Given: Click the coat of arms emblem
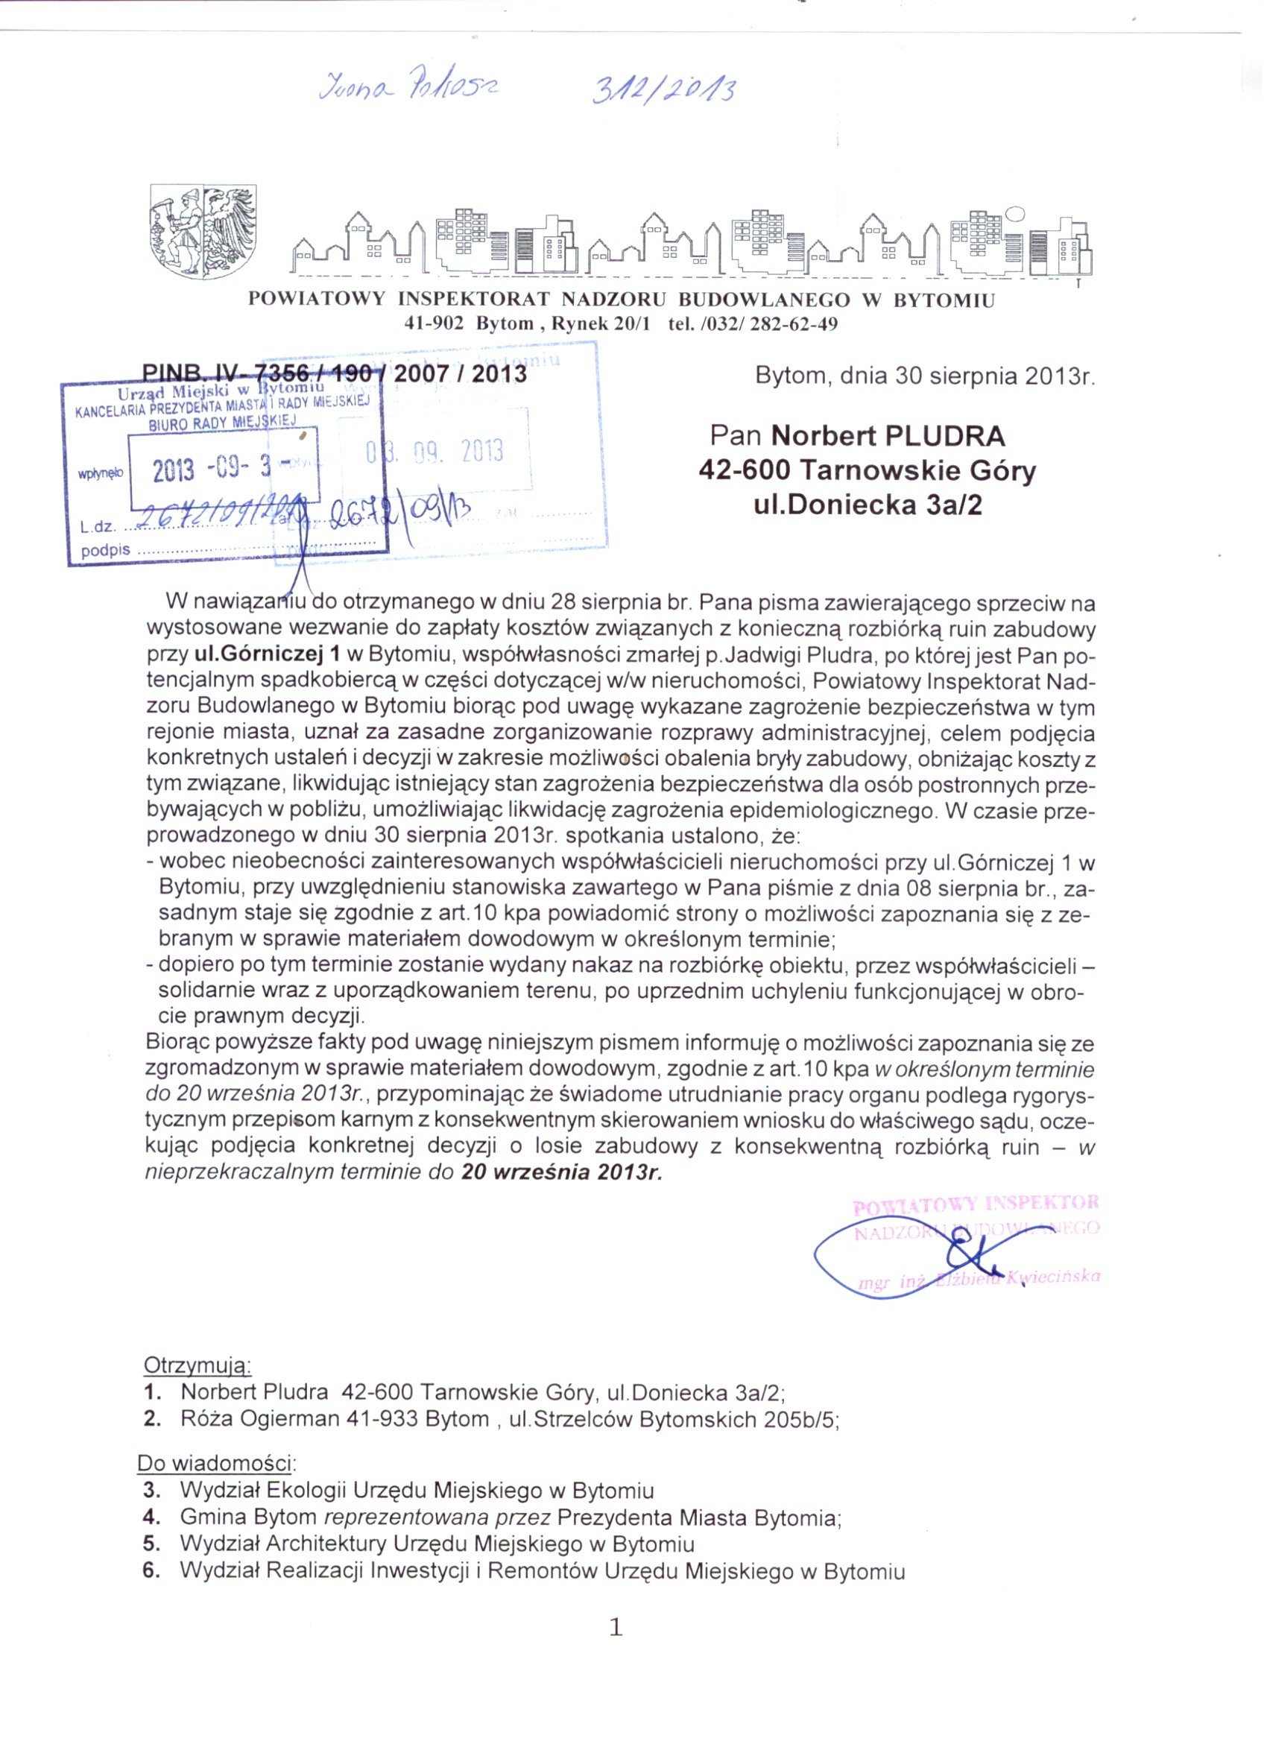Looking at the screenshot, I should [203, 231].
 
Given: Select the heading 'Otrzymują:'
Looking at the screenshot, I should [198, 1365].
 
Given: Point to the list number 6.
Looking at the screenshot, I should [151, 1571].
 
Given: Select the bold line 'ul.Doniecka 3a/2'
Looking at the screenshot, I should [868, 505].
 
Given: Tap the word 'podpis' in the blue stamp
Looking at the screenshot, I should [105, 551].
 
